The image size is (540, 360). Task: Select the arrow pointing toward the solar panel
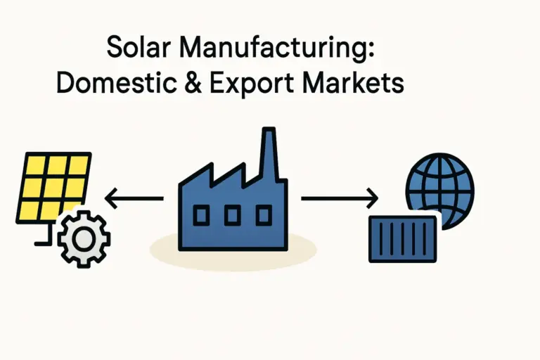click(134, 199)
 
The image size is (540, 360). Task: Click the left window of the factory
click(201, 214)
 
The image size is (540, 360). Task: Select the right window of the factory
click(262, 214)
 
